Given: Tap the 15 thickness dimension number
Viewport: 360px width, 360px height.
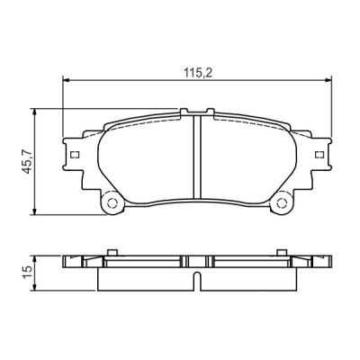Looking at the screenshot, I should [29, 269].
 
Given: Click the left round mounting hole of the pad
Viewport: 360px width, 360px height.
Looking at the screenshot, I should [113, 203].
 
